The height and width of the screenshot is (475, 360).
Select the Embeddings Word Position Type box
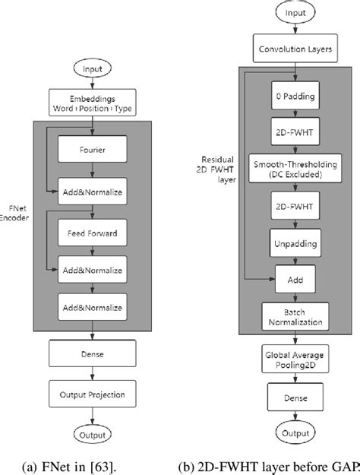pyautogui.click(x=91, y=103)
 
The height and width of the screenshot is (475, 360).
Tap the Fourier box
pyautogui.click(x=92, y=150)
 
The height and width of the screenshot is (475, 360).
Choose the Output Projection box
pyautogui.click(x=91, y=394)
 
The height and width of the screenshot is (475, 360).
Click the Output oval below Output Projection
pyautogui.click(x=91, y=435)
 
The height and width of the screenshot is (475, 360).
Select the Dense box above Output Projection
pyautogui.click(x=91, y=353)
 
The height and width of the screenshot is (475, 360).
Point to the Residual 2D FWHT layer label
pyautogui.click(x=215, y=169)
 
